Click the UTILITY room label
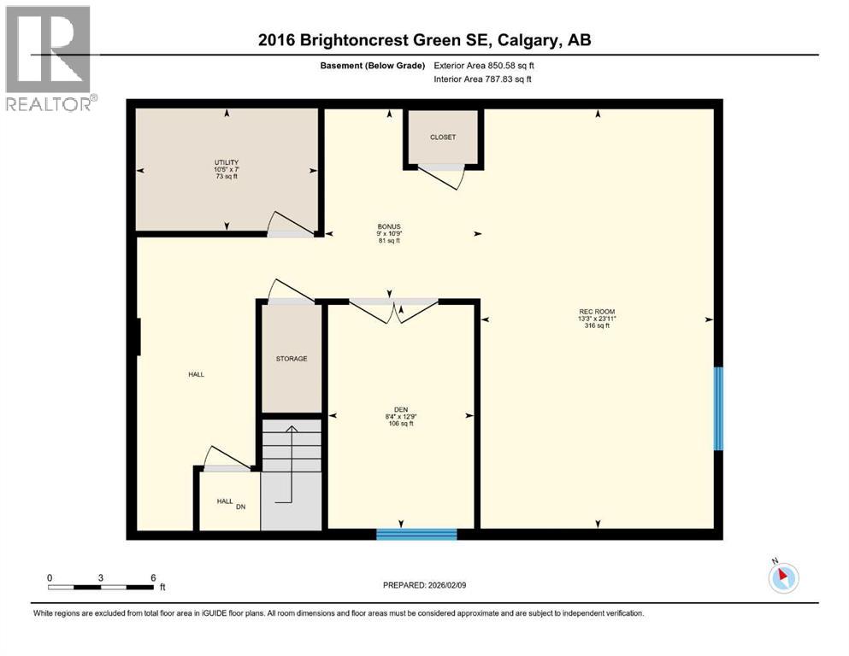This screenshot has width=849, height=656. point(227,162)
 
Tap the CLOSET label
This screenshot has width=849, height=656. point(443,137)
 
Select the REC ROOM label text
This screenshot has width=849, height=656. point(596,311)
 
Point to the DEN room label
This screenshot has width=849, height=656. point(400,409)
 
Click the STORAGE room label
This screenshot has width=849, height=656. point(292,359)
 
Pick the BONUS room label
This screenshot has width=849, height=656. point(389,226)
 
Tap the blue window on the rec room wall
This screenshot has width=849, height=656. point(718,408)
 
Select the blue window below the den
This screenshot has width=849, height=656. point(416,535)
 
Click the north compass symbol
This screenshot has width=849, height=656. point(783,577)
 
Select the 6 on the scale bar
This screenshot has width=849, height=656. point(153,577)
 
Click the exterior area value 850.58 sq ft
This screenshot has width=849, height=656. point(510,65)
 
